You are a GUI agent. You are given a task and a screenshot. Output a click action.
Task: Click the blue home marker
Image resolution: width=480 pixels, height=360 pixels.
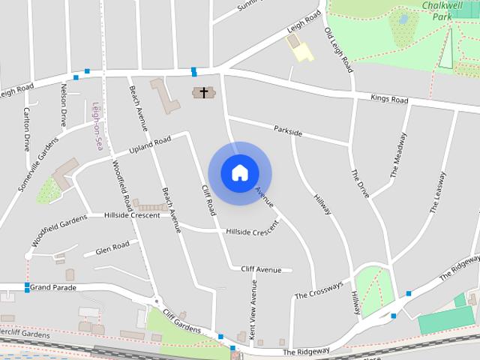click(x=239, y=172)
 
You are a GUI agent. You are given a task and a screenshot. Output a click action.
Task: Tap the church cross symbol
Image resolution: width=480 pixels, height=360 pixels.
click(x=203, y=93)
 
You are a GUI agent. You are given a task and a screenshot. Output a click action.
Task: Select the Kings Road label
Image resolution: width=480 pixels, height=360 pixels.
click(x=389, y=100)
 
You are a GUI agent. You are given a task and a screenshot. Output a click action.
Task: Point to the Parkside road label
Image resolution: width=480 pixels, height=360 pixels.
click(x=288, y=132)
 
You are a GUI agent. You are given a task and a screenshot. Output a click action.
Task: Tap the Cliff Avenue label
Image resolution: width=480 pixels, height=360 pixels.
click(x=261, y=269)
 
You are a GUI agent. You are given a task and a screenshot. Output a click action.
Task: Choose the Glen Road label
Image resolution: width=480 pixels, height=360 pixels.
click(x=112, y=247)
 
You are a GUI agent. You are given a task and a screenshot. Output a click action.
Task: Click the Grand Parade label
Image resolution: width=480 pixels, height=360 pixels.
click(x=54, y=287)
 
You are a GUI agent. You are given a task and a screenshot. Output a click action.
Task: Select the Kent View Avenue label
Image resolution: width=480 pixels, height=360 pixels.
click(x=253, y=312)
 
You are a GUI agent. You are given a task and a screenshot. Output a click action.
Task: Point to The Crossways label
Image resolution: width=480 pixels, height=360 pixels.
click(x=319, y=290)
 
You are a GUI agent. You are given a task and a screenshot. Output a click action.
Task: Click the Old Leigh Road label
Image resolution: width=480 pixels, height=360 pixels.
click(x=337, y=50)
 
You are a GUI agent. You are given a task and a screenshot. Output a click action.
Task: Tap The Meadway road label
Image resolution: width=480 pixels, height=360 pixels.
click(x=398, y=155)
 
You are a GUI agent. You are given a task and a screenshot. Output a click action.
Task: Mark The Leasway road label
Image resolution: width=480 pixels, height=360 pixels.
click(x=439, y=193)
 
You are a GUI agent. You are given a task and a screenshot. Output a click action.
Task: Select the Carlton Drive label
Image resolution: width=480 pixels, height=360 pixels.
click(x=26, y=129)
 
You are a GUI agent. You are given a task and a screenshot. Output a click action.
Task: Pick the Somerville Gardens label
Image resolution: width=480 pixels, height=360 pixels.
click(x=37, y=163)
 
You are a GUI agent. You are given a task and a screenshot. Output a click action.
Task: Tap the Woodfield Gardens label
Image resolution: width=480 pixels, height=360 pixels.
click(x=60, y=231)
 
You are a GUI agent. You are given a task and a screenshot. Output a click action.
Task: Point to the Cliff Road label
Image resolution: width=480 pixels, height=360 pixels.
click(x=209, y=199)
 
